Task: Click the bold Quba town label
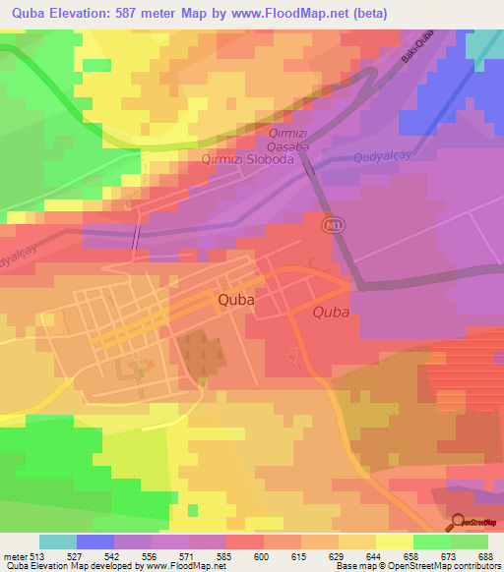coord(236,302)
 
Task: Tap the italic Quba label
coord(331,313)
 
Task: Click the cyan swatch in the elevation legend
coord(57,542)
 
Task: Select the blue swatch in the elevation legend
coord(94,542)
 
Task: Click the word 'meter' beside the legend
coord(15,554)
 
